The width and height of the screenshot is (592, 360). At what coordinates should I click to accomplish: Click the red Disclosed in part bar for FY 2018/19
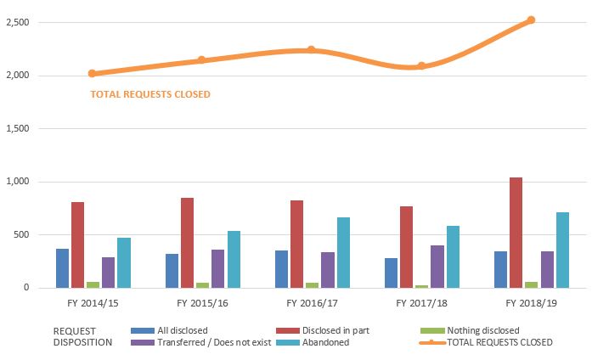click(x=516, y=233)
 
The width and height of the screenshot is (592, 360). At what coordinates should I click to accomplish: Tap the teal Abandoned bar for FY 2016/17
click(x=342, y=253)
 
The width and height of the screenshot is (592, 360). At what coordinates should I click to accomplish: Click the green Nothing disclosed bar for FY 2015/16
click(x=202, y=285)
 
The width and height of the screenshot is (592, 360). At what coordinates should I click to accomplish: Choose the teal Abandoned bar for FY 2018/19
click(x=561, y=250)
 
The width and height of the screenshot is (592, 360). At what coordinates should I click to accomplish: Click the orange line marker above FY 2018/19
click(x=531, y=20)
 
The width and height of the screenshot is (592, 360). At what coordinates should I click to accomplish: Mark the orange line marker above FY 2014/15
click(x=92, y=74)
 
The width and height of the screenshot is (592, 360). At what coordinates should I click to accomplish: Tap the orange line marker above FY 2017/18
click(x=421, y=66)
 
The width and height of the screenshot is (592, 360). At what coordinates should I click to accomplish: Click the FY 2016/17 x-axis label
click(x=311, y=302)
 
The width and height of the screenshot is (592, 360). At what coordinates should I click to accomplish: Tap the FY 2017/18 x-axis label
click(x=420, y=302)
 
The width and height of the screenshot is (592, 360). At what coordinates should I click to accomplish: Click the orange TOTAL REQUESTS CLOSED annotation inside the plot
click(x=149, y=94)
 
